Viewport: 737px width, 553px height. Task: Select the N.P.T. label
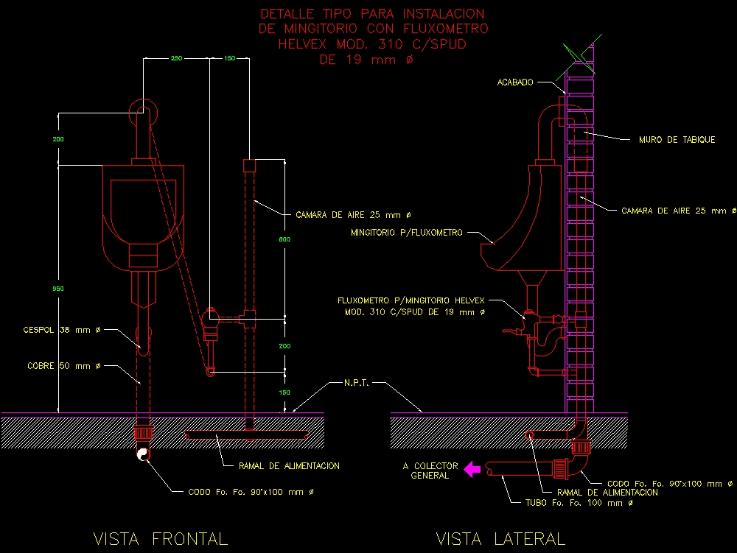coord(357,384)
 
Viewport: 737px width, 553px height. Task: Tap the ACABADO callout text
coord(515,82)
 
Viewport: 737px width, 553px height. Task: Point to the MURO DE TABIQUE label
coord(677,140)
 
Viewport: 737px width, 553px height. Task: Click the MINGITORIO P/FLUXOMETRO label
coord(407,233)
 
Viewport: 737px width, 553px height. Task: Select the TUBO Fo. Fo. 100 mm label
coord(573,504)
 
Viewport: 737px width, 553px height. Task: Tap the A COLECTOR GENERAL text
coord(430,471)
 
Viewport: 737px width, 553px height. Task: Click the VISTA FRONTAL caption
coord(161,539)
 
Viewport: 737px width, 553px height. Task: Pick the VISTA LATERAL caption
coord(500,539)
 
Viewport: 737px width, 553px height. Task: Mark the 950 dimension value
coord(57,289)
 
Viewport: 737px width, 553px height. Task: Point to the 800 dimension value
coord(284,239)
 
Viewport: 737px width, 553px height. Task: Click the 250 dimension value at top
coord(176,58)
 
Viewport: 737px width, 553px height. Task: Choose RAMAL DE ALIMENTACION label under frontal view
coord(289,466)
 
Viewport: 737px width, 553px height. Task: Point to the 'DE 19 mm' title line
coord(366,60)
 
